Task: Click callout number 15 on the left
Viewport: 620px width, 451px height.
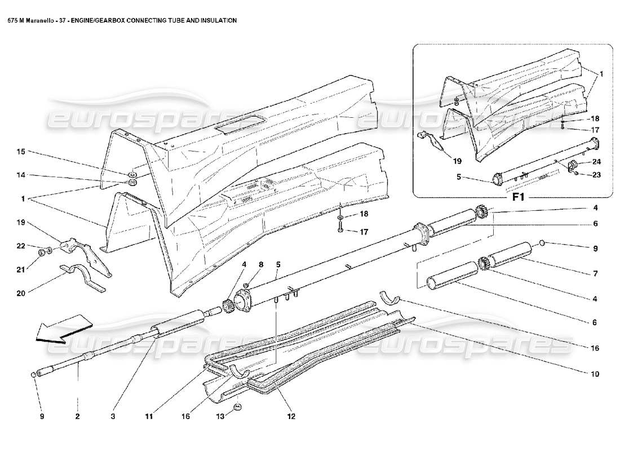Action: pos(21,152)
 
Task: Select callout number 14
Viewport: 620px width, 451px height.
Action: pos(21,175)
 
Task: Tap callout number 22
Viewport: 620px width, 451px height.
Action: pos(21,246)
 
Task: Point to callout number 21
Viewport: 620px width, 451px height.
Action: pos(21,269)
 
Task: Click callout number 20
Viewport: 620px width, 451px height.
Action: pos(21,293)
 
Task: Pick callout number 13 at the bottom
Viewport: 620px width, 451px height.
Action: pos(220,417)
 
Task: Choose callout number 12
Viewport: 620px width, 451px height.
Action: pos(291,417)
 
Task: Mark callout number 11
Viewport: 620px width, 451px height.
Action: pos(149,417)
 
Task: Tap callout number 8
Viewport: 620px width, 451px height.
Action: pos(261,264)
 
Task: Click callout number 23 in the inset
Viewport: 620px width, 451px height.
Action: pos(596,175)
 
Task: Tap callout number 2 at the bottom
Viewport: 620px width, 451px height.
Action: pos(77,417)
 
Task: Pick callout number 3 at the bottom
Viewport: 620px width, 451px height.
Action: pos(113,417)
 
